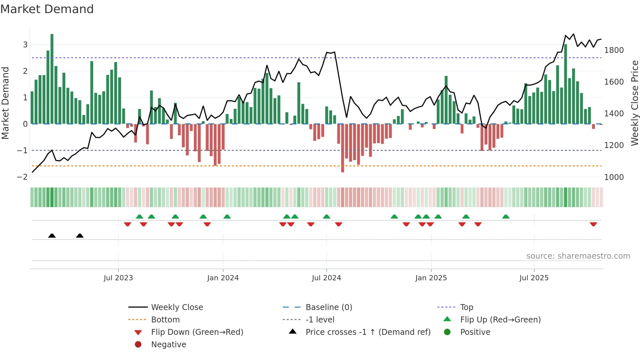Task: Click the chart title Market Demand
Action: pos(47,9)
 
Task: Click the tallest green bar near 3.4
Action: pos(52,78)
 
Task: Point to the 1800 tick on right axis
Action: pos(614,50)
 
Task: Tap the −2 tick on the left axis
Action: pos(22,177)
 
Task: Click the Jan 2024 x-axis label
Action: pos(223,278)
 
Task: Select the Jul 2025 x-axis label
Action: pos(534,278)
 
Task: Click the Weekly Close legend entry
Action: pos(177,307)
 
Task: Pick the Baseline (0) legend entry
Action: pos(328,307)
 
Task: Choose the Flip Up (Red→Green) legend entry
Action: pos(500,320)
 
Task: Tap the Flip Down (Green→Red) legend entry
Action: pos(197,332)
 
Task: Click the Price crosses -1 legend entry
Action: pos(368,332)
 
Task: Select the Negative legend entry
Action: pos(168,345)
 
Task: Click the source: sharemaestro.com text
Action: pos(578,256)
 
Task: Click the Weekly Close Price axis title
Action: pos(634,103)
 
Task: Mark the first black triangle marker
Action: pos(52,236)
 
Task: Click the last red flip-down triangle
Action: pos(593,224)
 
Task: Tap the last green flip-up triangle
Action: pos(506,217)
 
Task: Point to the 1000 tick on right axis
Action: pos(614,177)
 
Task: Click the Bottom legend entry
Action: pos(165,320)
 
